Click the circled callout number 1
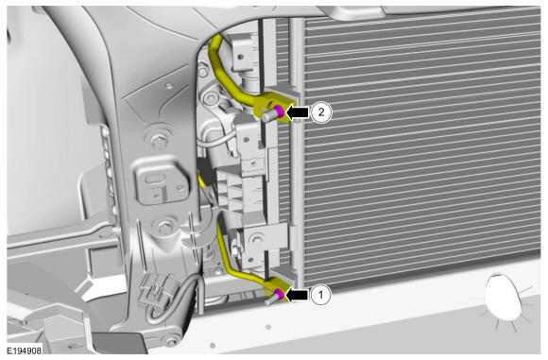pyautogui.click(x=320, y=295)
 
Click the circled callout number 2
pyautogui.click(x=321, y=111)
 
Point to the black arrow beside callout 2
pyautogui.click(x=299, y=112)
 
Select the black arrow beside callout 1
pyautogui.click(x=298, y=295)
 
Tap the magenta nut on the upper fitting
pyautogui.click(x=280, y=111)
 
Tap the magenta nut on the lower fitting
pyautogui.click(x=280, y=294)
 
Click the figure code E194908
pyautogui.click(x=25, y=350)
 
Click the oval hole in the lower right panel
pyautogui.click(x=504, y=297)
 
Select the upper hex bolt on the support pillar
pyautogui.click(x=159, y=141)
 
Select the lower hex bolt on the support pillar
pyautogui.click(x=163, y=226)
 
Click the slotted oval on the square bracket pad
pyautogui.click(x=152, y=180)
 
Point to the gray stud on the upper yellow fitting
pyautogui.click(x=269, y=115)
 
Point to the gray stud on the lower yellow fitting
pyautogui.click(x=271, y=299)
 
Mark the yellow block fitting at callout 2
pyautogui.click(x=274, y=107)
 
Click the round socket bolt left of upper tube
pyautogui.click(x=211, y=98)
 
